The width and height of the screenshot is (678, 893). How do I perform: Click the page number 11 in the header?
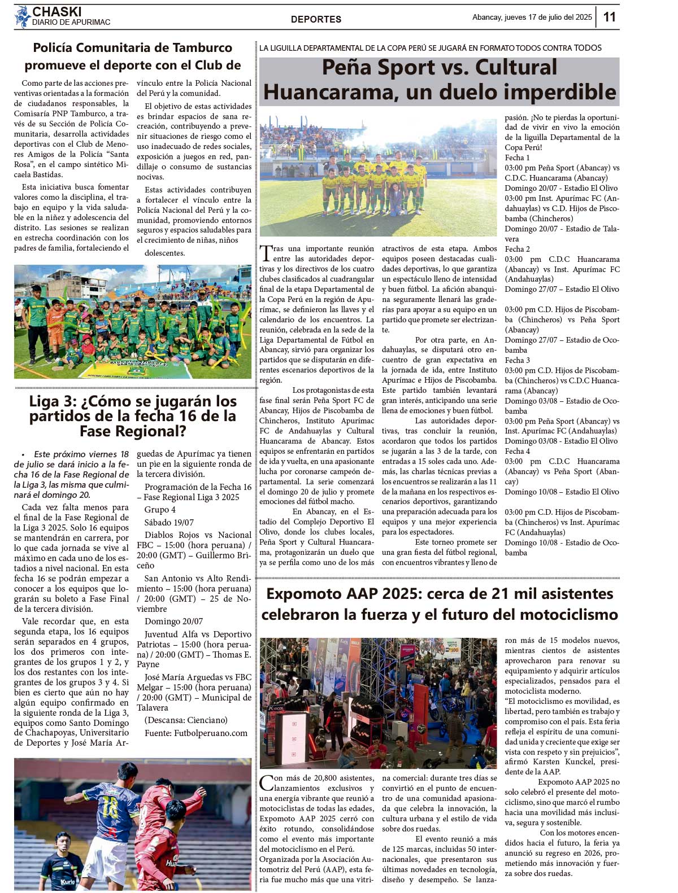pyautogui.click(x=609, y=17)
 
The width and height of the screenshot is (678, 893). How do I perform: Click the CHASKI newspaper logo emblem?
pyautogui.click(x=22, y=17)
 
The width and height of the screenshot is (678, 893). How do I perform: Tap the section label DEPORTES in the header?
pyautogui.click(x=316, y=19)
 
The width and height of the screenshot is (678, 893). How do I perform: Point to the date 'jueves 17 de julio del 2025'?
pyautogui.click(x=548, y=17)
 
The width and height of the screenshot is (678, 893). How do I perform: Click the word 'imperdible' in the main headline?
pyautogui.click(x=559, y=92)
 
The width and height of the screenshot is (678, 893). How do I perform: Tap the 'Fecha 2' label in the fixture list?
pyautogui.click(x=517, y=249)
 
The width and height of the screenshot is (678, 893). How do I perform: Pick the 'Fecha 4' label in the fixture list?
pyautogui.click(x=517, y=451)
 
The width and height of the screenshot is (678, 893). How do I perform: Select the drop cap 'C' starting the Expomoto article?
pyautogui.click(x=266, y=782)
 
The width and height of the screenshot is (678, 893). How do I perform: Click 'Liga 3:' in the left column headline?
pyautogui.click(x=54, y=402)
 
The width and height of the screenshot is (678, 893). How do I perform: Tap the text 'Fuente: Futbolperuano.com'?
pyautogui.click(x=196, y=733)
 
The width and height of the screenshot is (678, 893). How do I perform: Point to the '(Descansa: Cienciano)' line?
pyautogui.click(x=186, y=720)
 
